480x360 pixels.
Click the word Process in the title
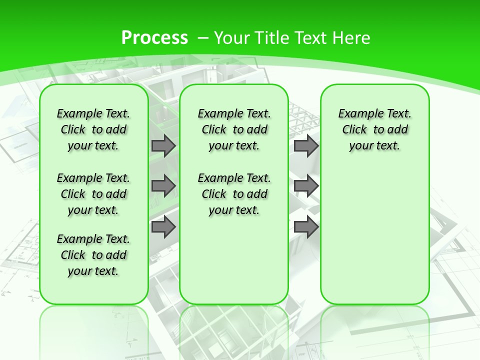(x=154, y=38)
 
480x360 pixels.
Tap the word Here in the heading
(x=352, y=38)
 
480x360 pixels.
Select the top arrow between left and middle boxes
(x=163, y=145)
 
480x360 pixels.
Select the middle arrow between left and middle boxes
(x=163, y=186)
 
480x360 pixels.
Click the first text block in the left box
(x=93, y=129)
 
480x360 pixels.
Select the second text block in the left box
(x=93, y=194)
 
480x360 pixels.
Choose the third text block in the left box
(x=93, y=255)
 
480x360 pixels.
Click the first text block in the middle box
(x=234, y=129)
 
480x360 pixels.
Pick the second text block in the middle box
(x=234, y=194)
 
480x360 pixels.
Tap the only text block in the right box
(x=374, y=129)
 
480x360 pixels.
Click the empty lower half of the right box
(x=374, y=240)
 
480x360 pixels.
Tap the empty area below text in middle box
(x=234, y=260)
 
